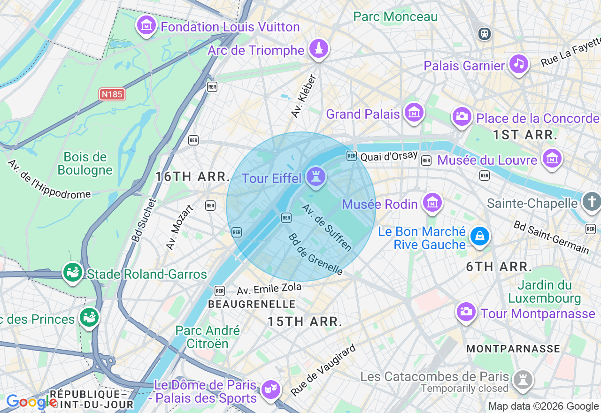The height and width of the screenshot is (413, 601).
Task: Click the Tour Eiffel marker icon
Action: click(316, 177)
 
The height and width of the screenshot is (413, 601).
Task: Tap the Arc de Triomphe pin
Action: click(319, 48)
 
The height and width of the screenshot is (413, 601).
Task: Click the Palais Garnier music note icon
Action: click(519, 64)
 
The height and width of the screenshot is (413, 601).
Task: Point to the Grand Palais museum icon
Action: click(414, 113)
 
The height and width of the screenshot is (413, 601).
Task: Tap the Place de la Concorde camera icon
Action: click(462, 117)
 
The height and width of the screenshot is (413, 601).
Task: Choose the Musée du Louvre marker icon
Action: click(552, 159)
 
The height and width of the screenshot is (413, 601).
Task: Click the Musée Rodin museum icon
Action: click(432, 203)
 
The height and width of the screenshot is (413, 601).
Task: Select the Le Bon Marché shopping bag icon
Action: click(480, 237)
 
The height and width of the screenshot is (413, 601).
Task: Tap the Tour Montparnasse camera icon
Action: click(466, 312)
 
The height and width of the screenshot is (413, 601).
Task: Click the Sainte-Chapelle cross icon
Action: click(591, 202)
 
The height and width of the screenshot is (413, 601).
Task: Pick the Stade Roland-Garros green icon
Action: click(73, 273)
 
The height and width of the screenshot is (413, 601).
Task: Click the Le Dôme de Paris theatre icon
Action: click(271, 390)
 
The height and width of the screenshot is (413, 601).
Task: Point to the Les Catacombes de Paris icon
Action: click(521, 378)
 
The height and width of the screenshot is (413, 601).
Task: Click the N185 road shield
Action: click(112, 94)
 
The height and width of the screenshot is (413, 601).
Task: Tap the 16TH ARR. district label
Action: click(193, 176)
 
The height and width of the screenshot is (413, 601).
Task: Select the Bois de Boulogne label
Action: click(85, 163)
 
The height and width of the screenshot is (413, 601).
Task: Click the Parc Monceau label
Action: click(395, 17)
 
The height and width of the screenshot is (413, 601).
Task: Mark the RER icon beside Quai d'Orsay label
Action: click(352, 156)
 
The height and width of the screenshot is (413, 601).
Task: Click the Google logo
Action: click(31, 402)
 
